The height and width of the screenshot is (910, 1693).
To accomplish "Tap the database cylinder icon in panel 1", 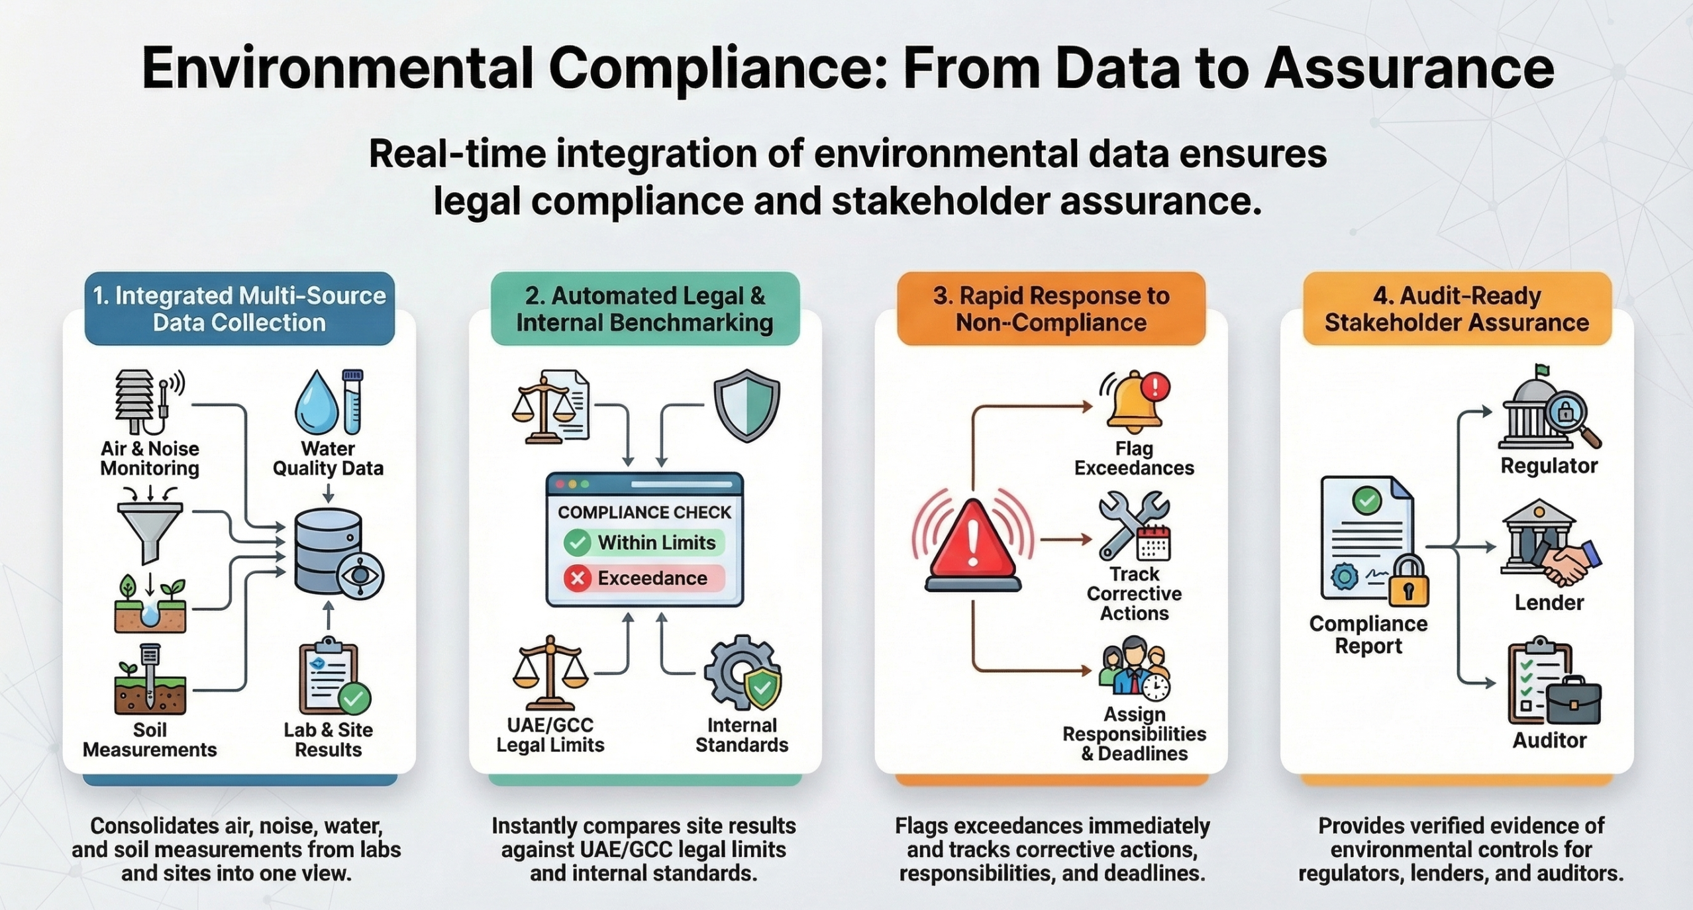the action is (329, 551).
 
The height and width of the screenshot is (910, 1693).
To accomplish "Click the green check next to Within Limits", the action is (577, 542).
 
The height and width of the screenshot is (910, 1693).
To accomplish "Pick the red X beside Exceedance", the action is (578, 578).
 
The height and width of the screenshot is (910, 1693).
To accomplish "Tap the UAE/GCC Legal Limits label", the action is (550, 734).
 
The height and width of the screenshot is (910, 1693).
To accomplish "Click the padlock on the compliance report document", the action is (1409, 581).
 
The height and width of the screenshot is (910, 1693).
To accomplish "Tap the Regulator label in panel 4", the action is (1549, 466).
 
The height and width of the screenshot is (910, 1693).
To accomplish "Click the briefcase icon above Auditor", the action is (1574, 701).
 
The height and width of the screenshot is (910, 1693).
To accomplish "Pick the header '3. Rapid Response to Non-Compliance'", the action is (1051, 309).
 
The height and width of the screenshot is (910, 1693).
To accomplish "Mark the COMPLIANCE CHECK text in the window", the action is (644, 512).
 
